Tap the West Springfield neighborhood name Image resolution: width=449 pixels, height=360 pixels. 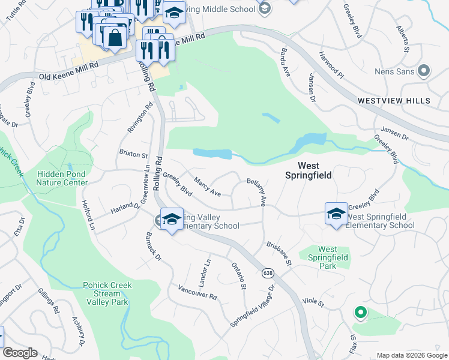click(309, 171)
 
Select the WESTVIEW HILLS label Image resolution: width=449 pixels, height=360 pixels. click(394, 101)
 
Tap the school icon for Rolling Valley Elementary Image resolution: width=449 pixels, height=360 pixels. click(172, 220)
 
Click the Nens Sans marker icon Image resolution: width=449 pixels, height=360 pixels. click(424, 71)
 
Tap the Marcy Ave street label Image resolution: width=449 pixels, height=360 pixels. click(207, 186)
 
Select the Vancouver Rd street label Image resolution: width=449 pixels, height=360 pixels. click(197, 292)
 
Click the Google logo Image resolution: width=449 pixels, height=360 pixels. click(20, 353)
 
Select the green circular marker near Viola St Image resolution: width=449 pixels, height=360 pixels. click(360, 312)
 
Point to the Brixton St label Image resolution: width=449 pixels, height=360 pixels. click(133, 154)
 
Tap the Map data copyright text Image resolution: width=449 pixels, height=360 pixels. click(411, 355)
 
